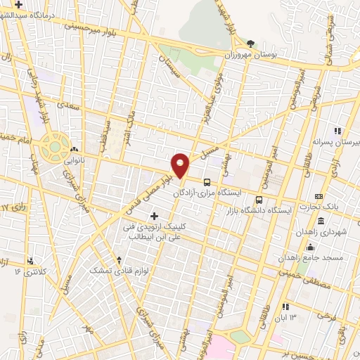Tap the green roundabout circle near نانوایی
click(53, 148)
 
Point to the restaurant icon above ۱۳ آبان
click(285, 307)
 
